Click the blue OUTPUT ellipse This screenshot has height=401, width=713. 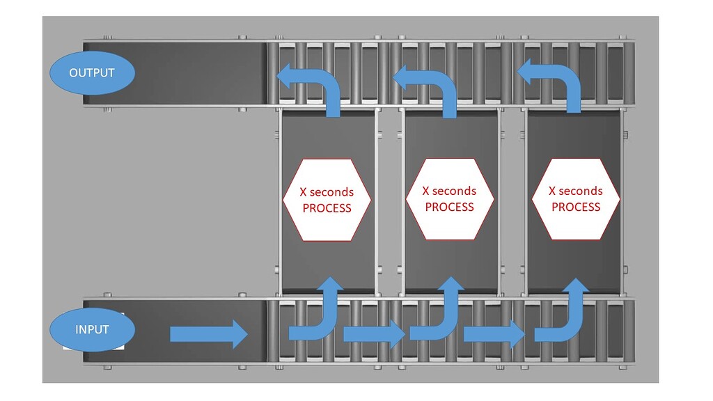pyautogui.click(x=92, y=72)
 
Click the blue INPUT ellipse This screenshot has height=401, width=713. pyautogui.click(x=92, y=329)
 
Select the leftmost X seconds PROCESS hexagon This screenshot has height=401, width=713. pyautogui.click(x=327, y=200)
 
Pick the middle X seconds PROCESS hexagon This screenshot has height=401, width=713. pyautogui.click(x=450, y=198)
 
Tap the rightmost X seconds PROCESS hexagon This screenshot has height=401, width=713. pyautogui.click(x=575, y=198)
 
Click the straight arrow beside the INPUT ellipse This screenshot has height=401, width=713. pyautogui.click(x=208, y=335)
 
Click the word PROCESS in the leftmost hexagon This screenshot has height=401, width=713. pyautogui.click(x=327, y=208)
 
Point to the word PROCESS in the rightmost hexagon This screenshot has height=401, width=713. pyautogui.click(x=575, y=207)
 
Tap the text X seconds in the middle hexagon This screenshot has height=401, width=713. pyautogui.click(x=450, y=191)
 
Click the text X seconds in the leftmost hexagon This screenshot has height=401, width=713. pyautogui.click(x=327, y=192)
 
